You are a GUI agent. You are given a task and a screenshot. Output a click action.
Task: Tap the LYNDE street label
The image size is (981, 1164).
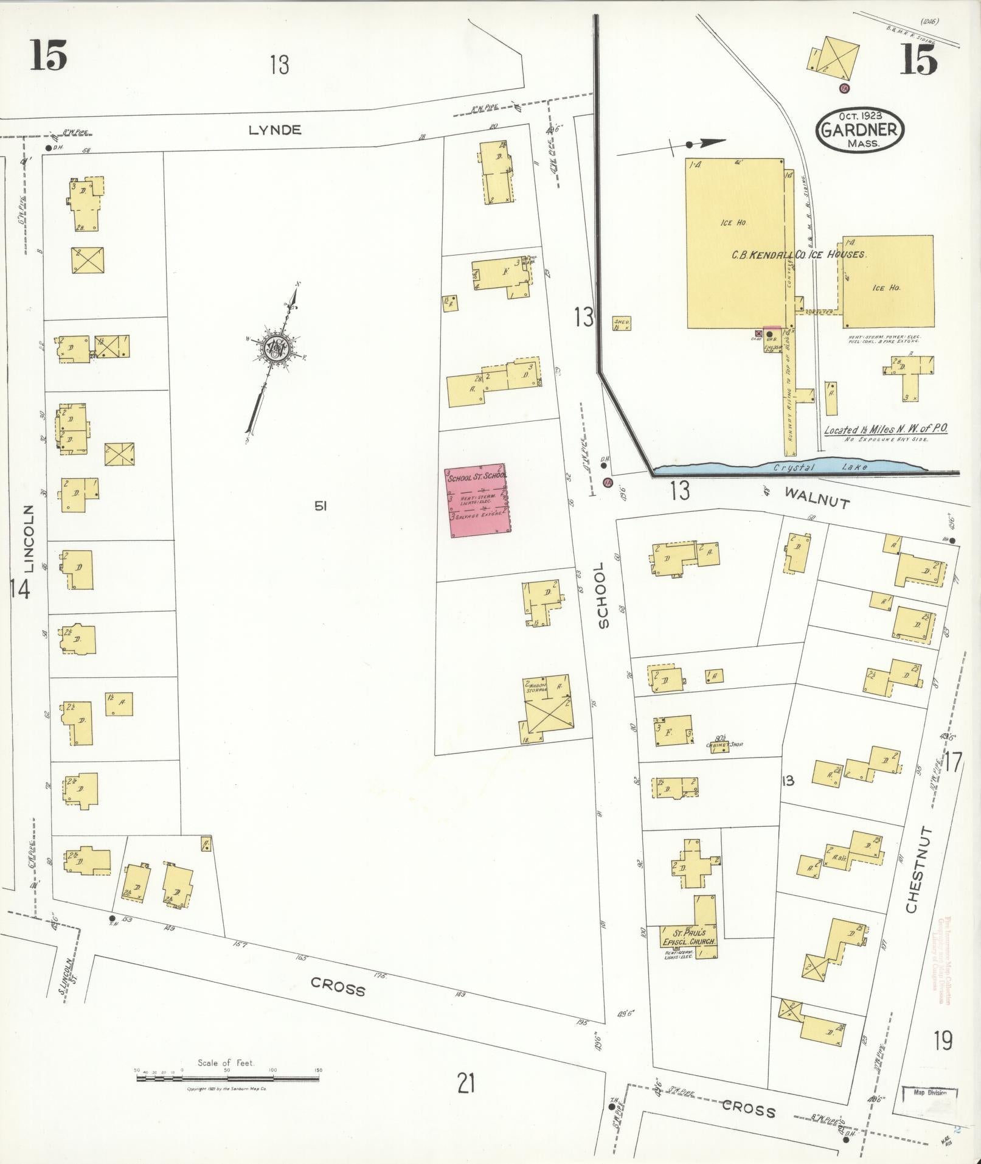(275, 130)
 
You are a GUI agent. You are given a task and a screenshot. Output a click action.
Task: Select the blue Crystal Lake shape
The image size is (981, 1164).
(791, 467)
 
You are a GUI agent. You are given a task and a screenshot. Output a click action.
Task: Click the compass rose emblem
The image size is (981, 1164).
(277, 350)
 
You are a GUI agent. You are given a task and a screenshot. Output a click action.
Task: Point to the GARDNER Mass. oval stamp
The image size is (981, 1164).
(860, 130)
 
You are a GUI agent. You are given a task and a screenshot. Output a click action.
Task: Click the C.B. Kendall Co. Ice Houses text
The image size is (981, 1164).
(798, 254)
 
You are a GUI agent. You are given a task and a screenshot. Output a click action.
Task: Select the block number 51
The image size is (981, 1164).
(321, 504)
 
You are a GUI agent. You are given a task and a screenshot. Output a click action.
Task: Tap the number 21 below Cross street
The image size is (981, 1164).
(465, 1084)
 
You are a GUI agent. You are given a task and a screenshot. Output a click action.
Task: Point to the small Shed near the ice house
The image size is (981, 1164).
(622, 324)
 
